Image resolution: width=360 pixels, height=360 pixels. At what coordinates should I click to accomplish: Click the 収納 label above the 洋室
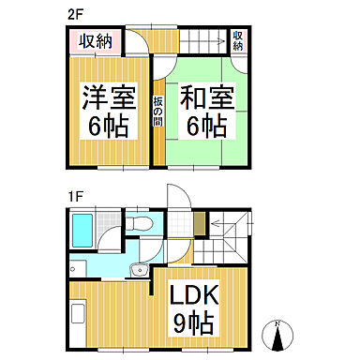(95, 41)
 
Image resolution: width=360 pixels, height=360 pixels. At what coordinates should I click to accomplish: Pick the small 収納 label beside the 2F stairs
(239, 40)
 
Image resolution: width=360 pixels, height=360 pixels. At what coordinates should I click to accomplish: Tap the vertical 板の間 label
(159, 111)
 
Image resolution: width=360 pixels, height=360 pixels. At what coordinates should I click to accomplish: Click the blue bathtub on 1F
(82, 230)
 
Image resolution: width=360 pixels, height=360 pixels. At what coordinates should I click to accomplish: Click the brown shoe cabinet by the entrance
(198, 224)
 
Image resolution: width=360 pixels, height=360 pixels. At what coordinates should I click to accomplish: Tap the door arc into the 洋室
(141, 42)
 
